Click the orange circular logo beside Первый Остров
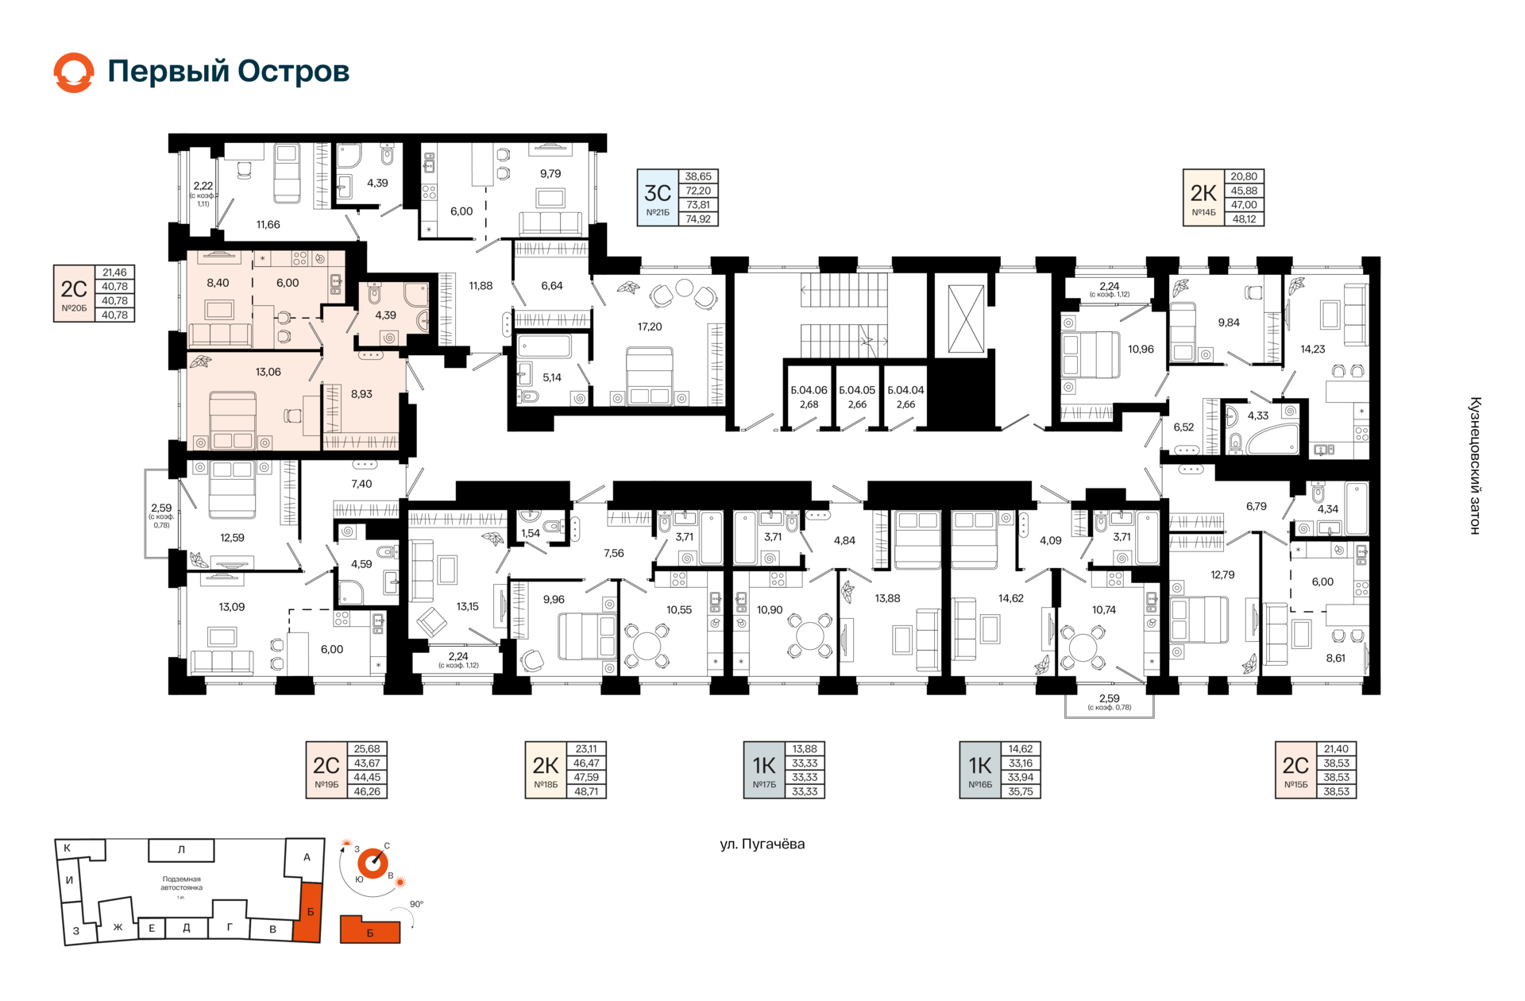coord(74,72)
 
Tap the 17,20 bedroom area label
coord(649,327)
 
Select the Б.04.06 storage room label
coord(809,390)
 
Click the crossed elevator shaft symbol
coord(966,318)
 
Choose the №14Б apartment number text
coord(1203,212)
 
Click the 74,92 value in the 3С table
coord(698,219)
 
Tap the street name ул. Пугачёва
coord(762,844)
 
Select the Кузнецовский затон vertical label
coord(1475,466)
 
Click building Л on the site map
coord(181,849)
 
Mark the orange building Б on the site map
coord(310,911)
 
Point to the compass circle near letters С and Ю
coord(373,863)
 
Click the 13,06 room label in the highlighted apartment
coord(268,372)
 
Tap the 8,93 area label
coord(361,394)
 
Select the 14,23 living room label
coord(1312,349)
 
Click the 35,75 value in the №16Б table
coord(1021,791)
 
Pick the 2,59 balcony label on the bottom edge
coord(1109,698)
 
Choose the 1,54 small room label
coord(531,533)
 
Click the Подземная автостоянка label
coord(182,883)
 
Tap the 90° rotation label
coord(416,904)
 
